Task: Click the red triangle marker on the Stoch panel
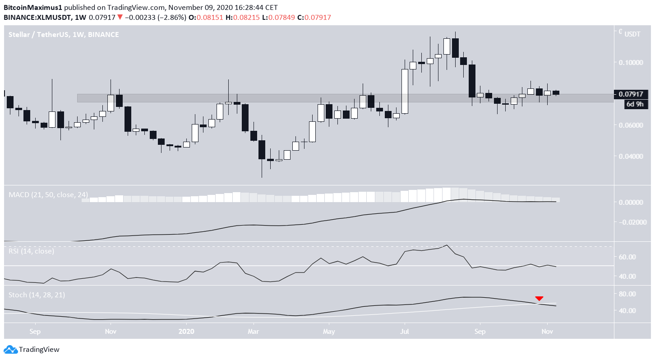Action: click(539, 299)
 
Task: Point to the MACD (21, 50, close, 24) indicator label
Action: click(49, 195)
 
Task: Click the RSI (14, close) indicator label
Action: click(32, 251)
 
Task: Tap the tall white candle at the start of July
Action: click(405, 91)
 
